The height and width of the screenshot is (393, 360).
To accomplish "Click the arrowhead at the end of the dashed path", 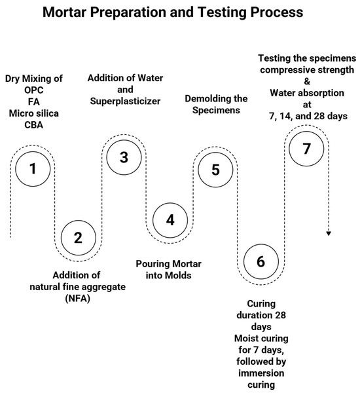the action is click(329, 233).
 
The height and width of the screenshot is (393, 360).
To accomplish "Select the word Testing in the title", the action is click(223, 12).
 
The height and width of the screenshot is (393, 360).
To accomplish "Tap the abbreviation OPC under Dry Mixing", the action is click(34, 90).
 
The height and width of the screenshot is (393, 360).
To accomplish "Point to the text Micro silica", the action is click(34, 113).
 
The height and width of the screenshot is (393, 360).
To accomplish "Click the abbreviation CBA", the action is click(34, 125).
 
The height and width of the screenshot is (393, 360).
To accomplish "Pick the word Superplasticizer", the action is click(125, 102).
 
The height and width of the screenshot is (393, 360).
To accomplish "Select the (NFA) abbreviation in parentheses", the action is click(77, 299).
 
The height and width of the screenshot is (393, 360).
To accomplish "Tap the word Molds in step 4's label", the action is click(179, 276).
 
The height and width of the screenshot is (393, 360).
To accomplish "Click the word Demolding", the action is click(206, 99).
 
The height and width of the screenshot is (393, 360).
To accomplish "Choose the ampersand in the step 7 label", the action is click(307, 81).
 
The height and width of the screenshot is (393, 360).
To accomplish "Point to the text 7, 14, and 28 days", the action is click(308, 117).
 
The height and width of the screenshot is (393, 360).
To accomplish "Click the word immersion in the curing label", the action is click(261, 373).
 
